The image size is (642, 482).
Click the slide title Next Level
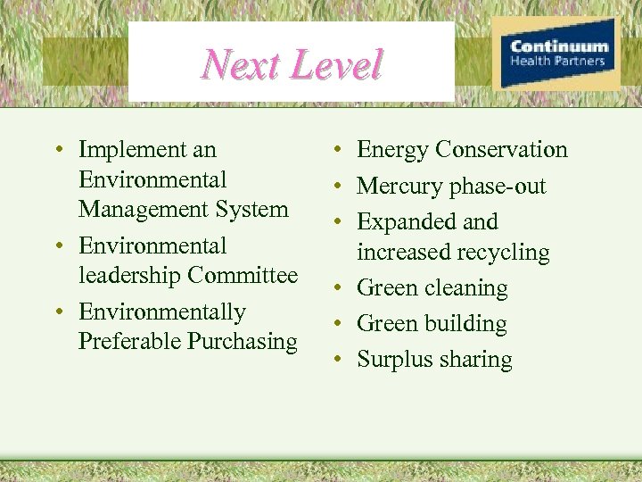tap(292, 64)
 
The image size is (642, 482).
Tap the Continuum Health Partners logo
tap(558, 54)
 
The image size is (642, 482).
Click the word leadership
tap(130, 276)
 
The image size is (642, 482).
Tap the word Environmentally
tap(161, 312)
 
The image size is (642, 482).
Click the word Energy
tap(393, 150)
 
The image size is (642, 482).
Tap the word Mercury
tap(398, 187)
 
